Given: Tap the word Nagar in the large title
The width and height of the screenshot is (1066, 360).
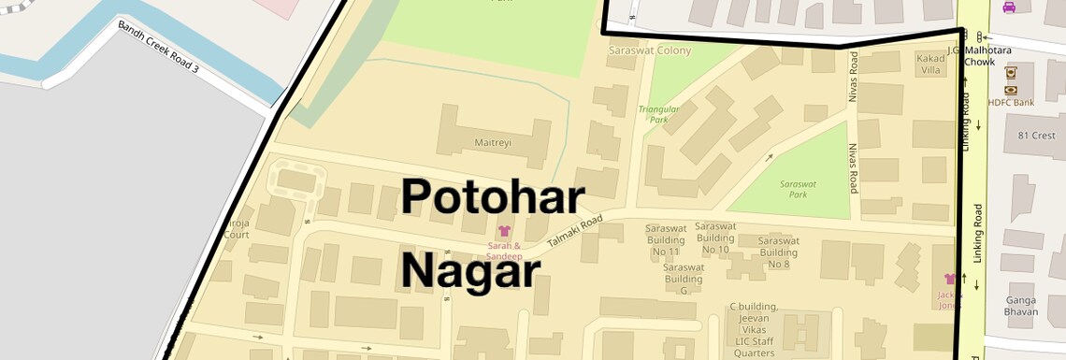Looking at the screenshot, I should click(x=470, y=272).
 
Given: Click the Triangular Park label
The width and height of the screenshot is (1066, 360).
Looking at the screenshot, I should click(x=658, y=114).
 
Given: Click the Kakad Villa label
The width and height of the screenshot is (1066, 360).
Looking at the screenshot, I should click(x=931, y=64).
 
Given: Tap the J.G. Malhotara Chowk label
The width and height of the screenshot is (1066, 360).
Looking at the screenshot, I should click(x=979, y=56).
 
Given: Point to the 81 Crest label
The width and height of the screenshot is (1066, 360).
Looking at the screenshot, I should click(x=1036, y=136).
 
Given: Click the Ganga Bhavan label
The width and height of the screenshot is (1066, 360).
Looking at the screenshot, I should click(x=1021, y=306).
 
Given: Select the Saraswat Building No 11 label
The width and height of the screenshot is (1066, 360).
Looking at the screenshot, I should click(x=667, y=239).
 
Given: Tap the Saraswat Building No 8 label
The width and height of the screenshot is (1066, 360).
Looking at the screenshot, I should click(x=779, y=252).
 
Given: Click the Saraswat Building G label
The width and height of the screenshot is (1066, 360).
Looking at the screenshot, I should click(x=684, y=279).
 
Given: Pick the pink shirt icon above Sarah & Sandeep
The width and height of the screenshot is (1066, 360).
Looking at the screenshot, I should click(x=505, y=231).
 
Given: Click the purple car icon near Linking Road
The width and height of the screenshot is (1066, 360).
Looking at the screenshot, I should click(x=1009, y=7).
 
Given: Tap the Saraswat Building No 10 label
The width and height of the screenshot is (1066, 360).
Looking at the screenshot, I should click(x=715, y=238).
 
